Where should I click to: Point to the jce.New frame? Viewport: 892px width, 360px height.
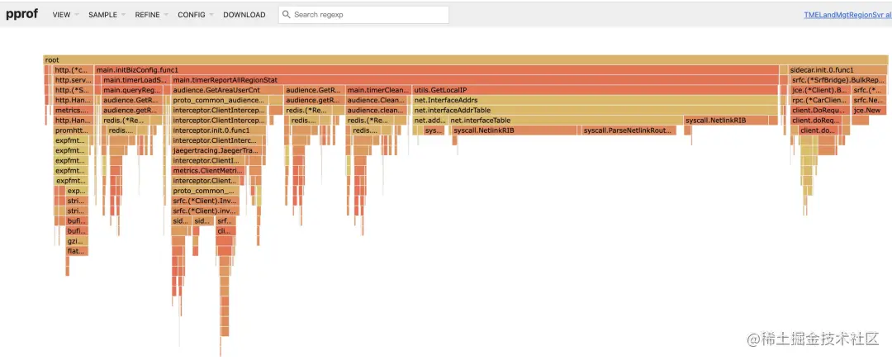(x=870, y=110)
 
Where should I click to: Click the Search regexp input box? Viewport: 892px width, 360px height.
(x=363, y=15)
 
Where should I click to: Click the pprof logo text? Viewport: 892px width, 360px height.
(x=22, y=14)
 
